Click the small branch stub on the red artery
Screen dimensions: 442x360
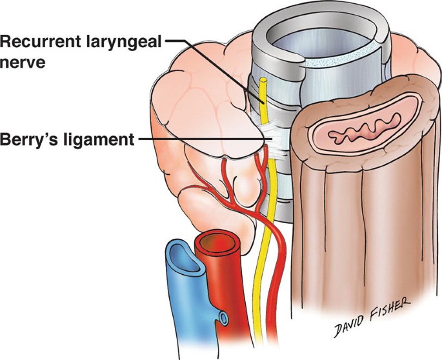point(223,317)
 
